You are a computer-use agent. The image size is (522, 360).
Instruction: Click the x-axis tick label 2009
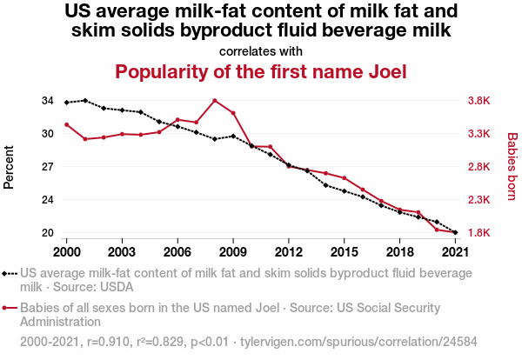[x=233, y=252]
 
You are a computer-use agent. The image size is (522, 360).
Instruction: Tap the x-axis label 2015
[x=345, y=252]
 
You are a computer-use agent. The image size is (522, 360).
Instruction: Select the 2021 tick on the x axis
[x=455, y=252]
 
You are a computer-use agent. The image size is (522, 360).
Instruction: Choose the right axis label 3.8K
[x=478, y=101]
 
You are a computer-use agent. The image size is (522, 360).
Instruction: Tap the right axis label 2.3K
[x=478, y=200]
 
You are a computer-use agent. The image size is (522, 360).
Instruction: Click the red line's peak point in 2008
[x=215, y=101]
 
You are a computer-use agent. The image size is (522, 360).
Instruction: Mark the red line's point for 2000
[x=67, y=124]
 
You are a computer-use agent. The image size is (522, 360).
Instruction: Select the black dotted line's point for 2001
[x=85, y=101]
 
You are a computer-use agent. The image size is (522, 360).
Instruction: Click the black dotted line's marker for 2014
[x=325, y=185]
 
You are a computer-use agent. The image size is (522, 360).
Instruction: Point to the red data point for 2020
[x=437, y=230]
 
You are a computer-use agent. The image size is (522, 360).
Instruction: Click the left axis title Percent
[x=10, y=167]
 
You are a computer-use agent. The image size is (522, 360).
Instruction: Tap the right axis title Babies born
[x=512, y=167]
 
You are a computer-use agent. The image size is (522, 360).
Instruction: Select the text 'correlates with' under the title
[x=261, y=50]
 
